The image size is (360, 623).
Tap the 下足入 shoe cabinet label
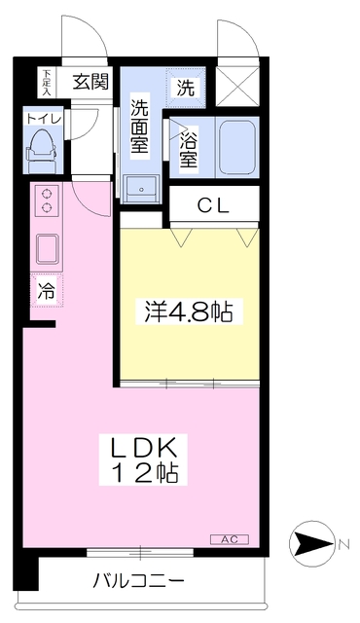46,81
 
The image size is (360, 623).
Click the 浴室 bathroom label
188,149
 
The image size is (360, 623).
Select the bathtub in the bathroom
237,148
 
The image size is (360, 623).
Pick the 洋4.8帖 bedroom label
189,312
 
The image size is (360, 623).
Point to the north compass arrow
313,543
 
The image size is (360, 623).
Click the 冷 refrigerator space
46,289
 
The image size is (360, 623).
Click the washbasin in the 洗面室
146,185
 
